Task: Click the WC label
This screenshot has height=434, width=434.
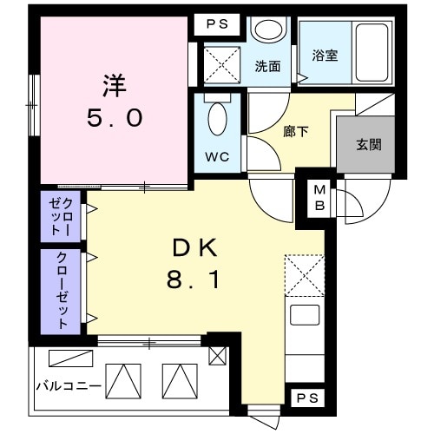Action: click(217, 157)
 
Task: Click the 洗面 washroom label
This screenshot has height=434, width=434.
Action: click(267, 66)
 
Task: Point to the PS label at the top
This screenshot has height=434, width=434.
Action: click(217, 25)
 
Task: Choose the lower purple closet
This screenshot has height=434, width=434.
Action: click(62, 290)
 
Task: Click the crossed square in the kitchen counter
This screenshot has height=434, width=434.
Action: click(304, 273)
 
